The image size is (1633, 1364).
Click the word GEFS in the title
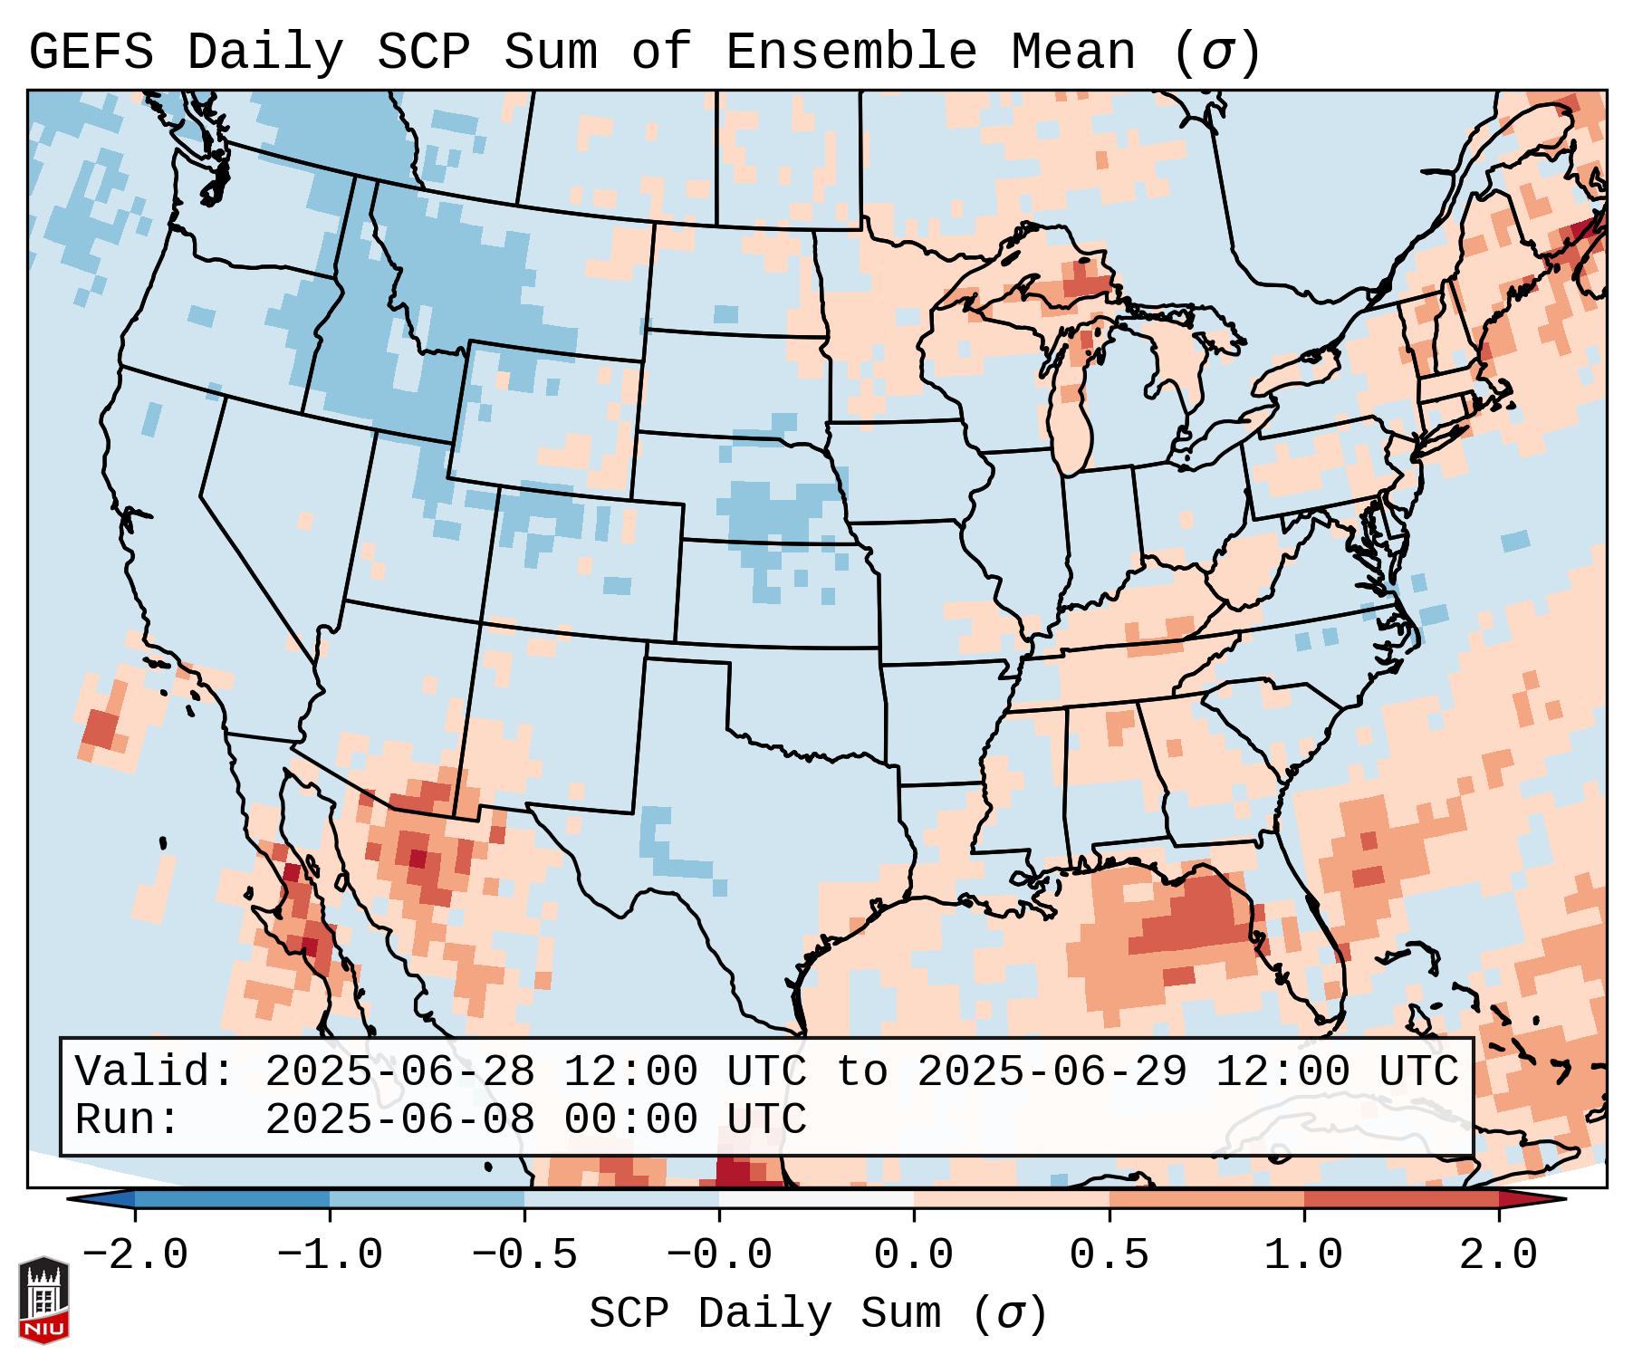91,53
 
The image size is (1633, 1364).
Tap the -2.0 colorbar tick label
135,1255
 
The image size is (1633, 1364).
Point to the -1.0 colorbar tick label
330,1255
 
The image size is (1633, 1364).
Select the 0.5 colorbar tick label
1109,1255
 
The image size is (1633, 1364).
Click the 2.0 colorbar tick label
1499,1255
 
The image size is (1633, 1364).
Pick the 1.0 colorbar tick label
1304,1255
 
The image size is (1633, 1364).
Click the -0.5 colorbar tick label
524,1255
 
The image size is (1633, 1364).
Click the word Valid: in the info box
155,1071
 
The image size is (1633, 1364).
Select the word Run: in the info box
128,1119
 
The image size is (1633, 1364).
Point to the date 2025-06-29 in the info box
1052,1071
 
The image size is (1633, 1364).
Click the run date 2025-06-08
399,1119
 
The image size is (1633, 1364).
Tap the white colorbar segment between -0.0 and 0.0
816,1199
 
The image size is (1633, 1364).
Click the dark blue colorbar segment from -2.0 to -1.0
232,1199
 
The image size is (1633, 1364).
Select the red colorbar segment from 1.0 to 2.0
1401,1199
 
